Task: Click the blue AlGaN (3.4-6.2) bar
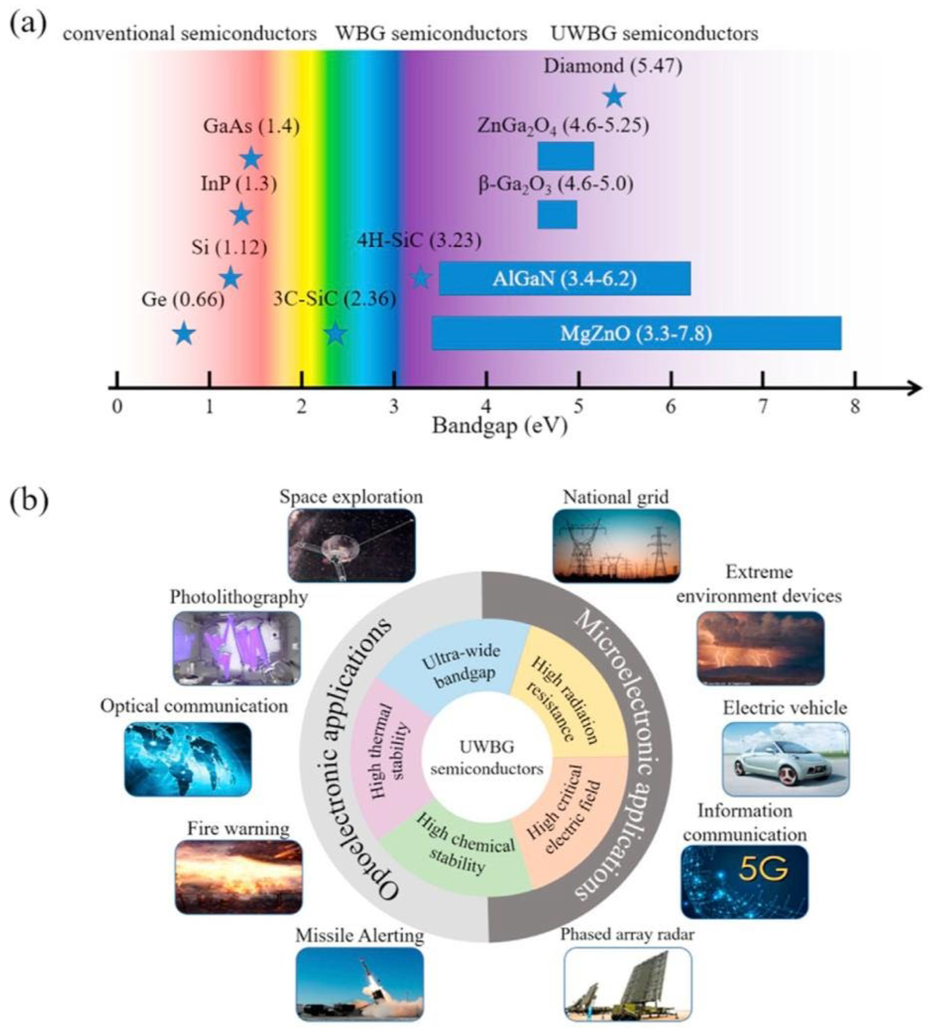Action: pyautogui.click(x=564, y=278)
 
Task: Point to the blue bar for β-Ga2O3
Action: pyautogui.click(x=557, y=214)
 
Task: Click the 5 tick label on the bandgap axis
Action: pyautogui.click(x=578, y=407)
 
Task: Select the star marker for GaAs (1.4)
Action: pyautogui.click(x=251, y=159)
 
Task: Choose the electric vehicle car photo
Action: pyautogui.click(x=785, y=759)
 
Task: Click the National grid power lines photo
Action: pyautogui.click(x=617, y=546)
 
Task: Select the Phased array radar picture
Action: pyautogui.click(x=627, y=977)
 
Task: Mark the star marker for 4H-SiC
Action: pyautogui.click(x=420, y=278)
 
